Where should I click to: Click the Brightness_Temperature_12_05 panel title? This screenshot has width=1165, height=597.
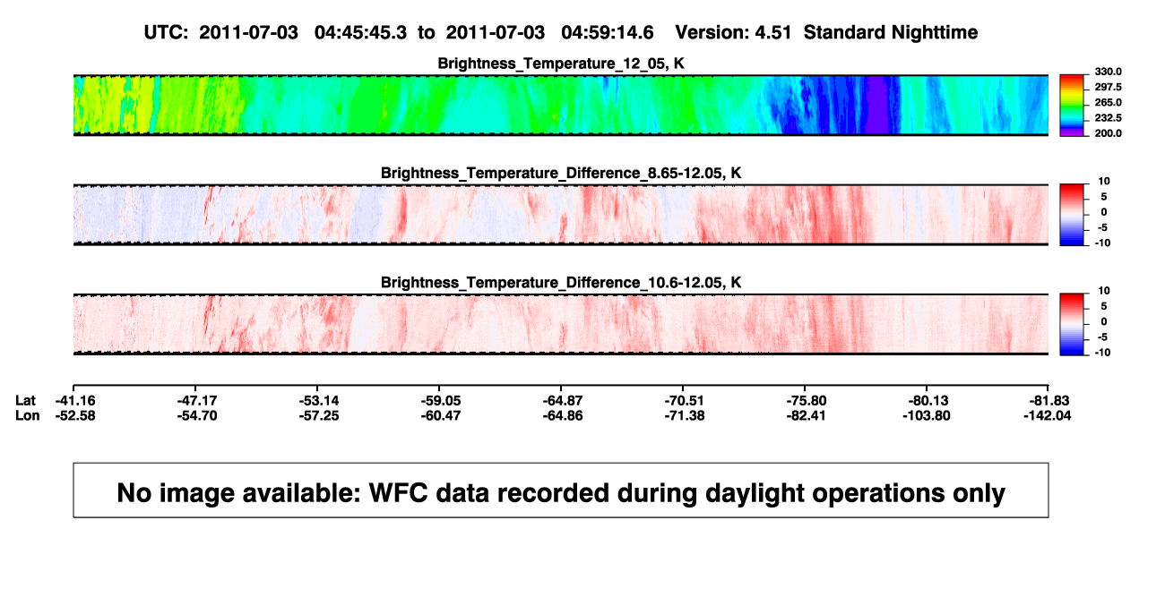[x=561, y=64]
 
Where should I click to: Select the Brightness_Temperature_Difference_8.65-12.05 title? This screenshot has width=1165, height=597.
[x=561, y=173]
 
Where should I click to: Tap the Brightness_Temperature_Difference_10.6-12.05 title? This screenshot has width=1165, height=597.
[x=561, y=283]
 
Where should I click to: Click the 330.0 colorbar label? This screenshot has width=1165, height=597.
[x=1108, y=72]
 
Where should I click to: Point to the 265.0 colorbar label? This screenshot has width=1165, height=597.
[x=1108, y=102]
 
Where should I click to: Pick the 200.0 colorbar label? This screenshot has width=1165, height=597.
[x=1108, y=133]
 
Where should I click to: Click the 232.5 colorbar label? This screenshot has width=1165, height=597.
[x=1108, y=118]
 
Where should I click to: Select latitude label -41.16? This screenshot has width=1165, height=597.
[x=75, y=401]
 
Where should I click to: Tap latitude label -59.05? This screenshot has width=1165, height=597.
[x=441, y=401]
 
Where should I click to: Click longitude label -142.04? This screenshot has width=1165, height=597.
[x=1047, y=415]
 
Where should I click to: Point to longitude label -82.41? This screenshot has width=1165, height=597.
[x=806, y=415]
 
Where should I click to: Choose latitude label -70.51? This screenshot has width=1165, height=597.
[x=684, y=401]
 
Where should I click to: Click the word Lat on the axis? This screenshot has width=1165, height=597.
[x=25, y=401]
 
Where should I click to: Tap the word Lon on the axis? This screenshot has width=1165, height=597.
[x=27, y=415]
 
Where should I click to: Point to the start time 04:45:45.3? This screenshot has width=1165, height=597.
[x=360, y=33]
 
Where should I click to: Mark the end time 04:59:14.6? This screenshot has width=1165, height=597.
[x=608, y=33]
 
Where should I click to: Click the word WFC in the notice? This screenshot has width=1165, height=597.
[x=398, y=493]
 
